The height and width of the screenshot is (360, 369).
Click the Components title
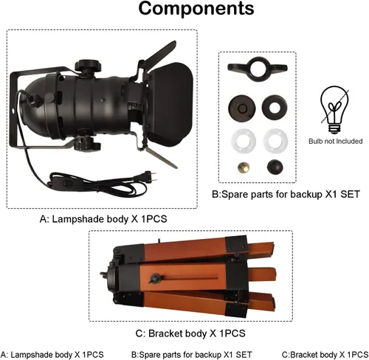coord(196,9)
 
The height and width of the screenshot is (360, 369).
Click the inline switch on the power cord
coord(65,183)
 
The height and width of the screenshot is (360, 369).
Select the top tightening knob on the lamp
coord(88,66)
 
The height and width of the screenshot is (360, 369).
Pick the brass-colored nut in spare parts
coord(243,167)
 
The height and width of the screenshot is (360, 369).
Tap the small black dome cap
coord(275,167)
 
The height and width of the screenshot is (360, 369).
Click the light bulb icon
coord(334,110)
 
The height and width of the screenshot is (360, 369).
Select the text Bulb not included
coord(336,141)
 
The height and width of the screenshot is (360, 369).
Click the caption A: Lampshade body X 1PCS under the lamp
coord(103,219)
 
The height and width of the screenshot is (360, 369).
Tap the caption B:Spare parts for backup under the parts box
coord(267,194)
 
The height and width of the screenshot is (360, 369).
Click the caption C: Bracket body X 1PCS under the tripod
coord(190,333)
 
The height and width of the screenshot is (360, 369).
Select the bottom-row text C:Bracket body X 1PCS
coord(325,355)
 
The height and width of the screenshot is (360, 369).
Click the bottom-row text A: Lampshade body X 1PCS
coord(52,355)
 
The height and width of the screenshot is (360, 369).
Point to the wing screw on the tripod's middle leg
coord(155,278)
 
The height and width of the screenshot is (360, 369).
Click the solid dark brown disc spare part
coord(241,108)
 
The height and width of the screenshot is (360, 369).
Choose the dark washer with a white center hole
coord(275,107)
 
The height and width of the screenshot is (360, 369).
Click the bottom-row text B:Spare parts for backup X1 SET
coord(192,355)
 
